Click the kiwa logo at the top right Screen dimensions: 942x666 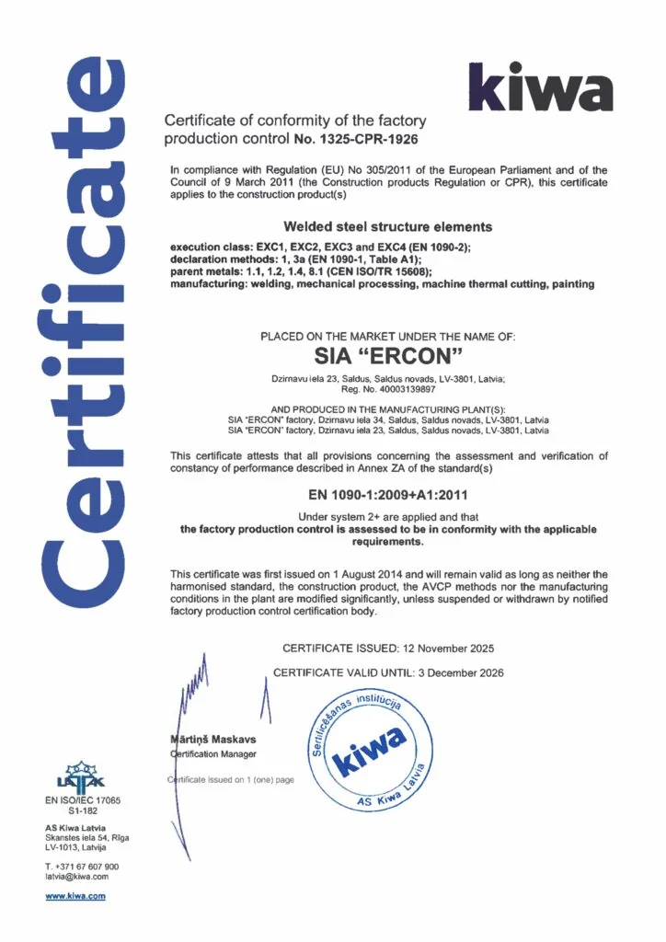coord(540,86)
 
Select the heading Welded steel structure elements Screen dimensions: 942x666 coord(388,226)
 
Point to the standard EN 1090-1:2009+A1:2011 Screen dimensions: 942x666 coord(388,497)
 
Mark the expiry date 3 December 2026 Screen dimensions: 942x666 coord(455,672)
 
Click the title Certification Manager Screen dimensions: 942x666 coord(212,754)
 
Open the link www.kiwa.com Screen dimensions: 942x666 coord(75,896)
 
